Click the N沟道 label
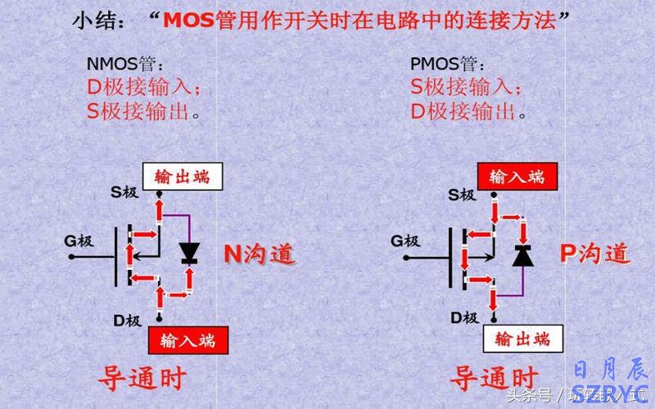(260, 254)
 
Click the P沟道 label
(595, 253)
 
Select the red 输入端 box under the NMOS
(187, 339)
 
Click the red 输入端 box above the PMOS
(517, 176)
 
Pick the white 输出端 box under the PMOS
(518, 338)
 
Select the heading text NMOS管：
(124, 64)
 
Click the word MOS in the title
(190, 20)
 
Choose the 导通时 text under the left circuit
(142, 379)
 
